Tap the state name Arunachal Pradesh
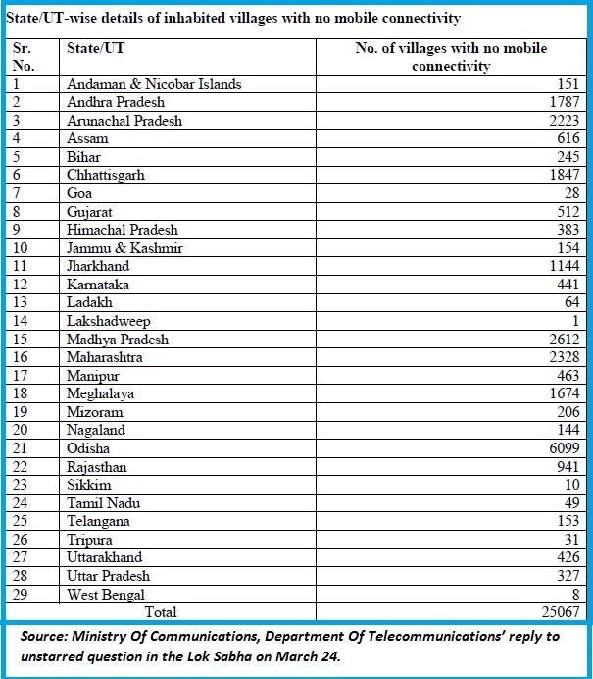tap(124, 121)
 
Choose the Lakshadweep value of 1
tap(576, 321)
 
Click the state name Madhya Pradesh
tap(118, 339)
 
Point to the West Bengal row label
tap(106, 594)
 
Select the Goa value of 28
tap(570, 194)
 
